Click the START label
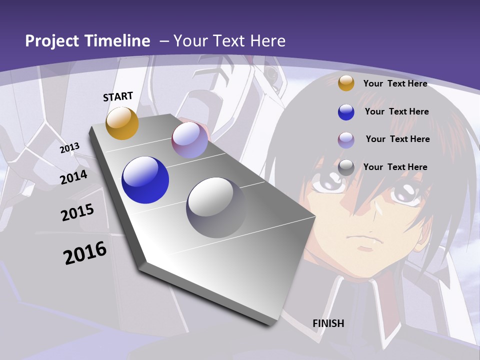tap(118, 96)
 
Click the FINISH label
tap(328, 323)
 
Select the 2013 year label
tap(70, 148)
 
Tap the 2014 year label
tap(74, 177)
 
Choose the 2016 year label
tap(85, 253)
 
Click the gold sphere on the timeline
tap(122, 123)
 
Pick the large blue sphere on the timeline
tap(145, 180)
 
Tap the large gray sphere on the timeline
tap(216, 207)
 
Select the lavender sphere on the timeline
tap(190, 140)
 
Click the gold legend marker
tap(346, 83)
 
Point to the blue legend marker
tap(346, 112)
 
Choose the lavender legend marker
tap(346, 140)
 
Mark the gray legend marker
tap(346, 167)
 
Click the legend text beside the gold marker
tap(395, 83)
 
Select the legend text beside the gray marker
tap(395, 167)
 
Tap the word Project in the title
tap(52, 41)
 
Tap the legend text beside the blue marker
tap(396, 111)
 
